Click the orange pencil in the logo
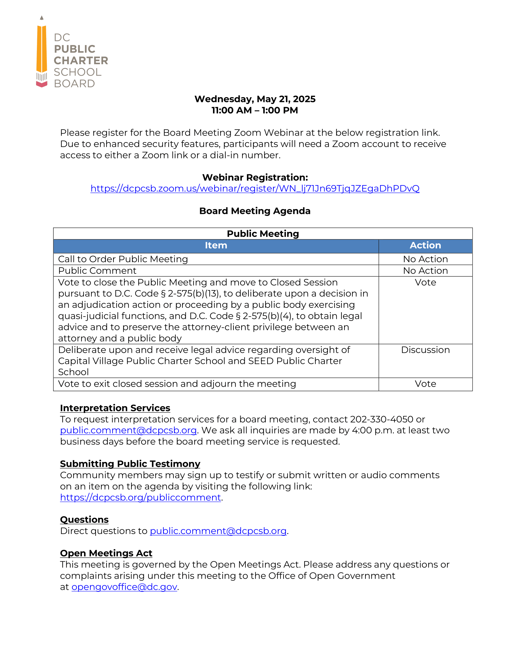click(42, 50)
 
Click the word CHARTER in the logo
click(81, 60)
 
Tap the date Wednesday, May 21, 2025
click(255, 99)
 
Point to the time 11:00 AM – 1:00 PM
click(255, 110)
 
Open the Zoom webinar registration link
click(255, 188)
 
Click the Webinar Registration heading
click(255, 177)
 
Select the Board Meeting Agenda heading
click(255, 211)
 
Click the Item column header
click(216, 245)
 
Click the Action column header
click(425, 245)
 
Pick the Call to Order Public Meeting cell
click(123, 259)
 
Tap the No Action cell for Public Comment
click(425, 271)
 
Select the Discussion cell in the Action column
click(425, 349)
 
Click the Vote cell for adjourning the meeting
click(425, 384)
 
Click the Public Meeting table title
click(263, 234)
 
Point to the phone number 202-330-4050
click(381, 419)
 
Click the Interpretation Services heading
click(115, 408)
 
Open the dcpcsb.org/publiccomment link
click(140, 497)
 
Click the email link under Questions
click(218, 531)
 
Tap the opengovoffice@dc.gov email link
click(124, 587)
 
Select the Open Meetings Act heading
click(106, 553)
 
